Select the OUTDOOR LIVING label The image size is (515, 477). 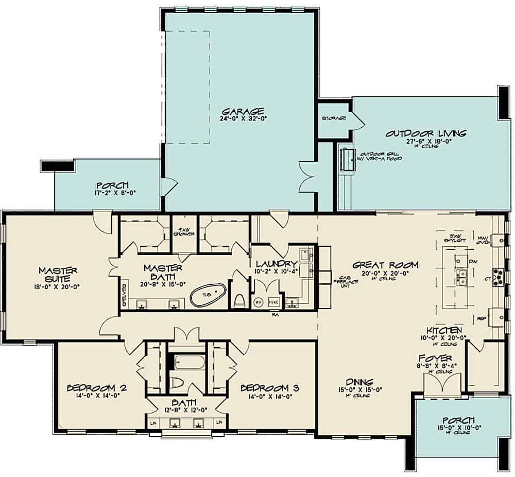click(x=426, y=134)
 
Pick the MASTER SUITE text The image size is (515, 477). click(x=58, y=275)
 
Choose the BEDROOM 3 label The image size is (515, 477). click(x=269, y=388)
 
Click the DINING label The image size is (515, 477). click(x=359, y=382)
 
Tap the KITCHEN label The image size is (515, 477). click(x=443, y=330)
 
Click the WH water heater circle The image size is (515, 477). click(x=259, y=303)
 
